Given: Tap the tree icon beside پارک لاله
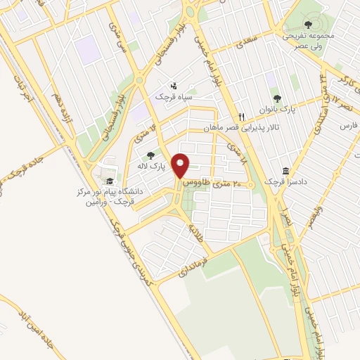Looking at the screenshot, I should tap(149, 156).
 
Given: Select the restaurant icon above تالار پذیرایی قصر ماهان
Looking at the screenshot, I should tap(241, 117).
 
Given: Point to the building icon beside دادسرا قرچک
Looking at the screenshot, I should tap(285, 172).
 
